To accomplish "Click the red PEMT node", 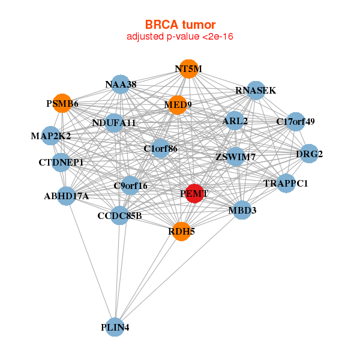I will click(x=194, y=193).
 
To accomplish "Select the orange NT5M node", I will click(x=188, y=69).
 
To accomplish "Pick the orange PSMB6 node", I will click(x=62, y=104).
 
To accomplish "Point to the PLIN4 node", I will click(x=115, y=327).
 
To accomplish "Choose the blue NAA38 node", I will click(x=121, y=85).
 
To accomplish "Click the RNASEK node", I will click(x=256, y=91).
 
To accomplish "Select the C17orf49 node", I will click(x=296, y=122).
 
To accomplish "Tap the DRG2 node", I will click(x=309, y=154).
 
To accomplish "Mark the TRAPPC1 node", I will click(x=286, y=183).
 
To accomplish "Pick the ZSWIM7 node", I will click(x=236, y=157).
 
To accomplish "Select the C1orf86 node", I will click(x=160, y=148).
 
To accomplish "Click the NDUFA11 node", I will click(x=115, y=123).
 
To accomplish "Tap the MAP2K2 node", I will click(x=51, y=136).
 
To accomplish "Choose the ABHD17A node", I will click(x=67, y=196).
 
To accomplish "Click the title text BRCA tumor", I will click(x=179, y=25).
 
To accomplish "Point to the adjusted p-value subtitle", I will click(x=179, y=37).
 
